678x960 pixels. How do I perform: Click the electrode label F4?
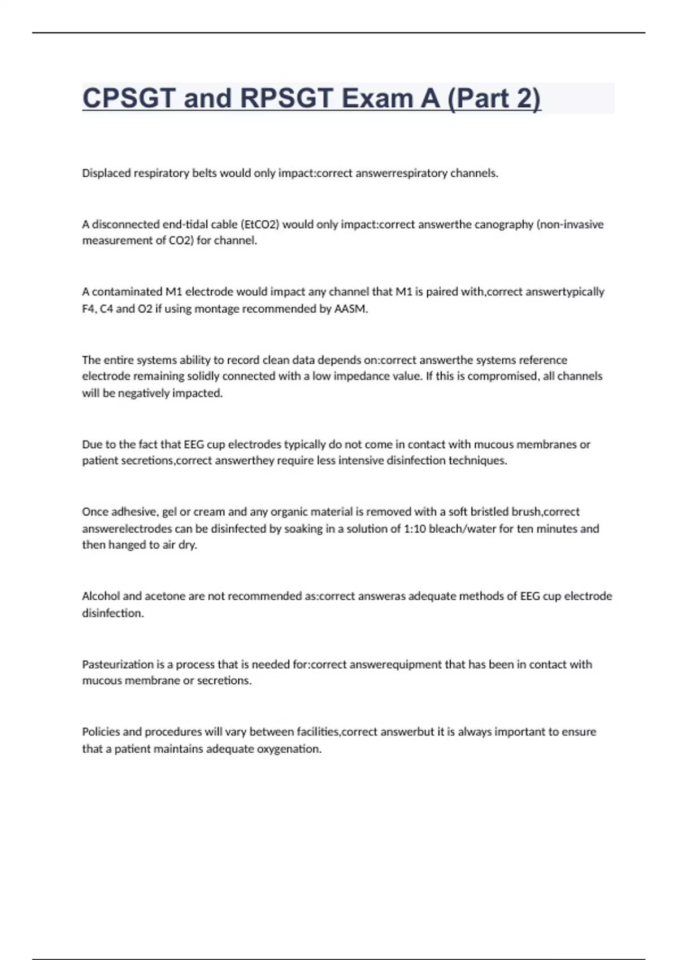tap(88, 309)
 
